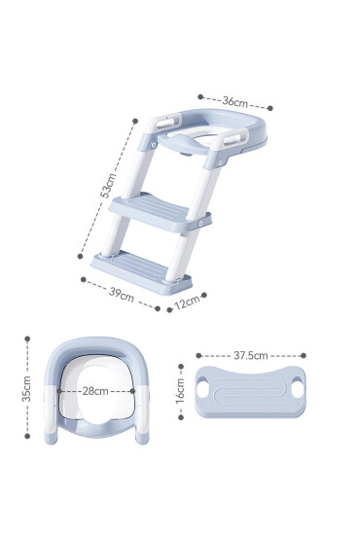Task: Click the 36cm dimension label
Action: coord(234,101)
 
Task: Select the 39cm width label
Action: coord(122,295)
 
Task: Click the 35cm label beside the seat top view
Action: coord(28,391)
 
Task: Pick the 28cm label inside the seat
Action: coord(94,391)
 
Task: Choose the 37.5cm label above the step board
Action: coord(250,356)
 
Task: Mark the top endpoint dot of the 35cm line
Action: coord(28,339)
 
